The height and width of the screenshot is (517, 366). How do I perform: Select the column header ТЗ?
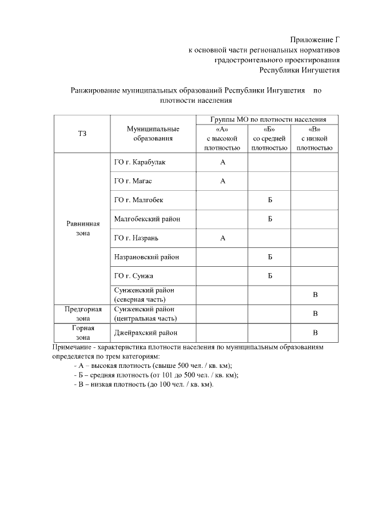(x=82, y=133)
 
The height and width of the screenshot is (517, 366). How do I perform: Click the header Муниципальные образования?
(x=153, y=133)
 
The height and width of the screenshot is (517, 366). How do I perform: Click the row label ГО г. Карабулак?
(x=140, y=162)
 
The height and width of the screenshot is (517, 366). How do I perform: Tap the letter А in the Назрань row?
(x=223, y=238)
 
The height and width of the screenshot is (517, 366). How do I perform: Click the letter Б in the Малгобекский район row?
(x=269, y=219)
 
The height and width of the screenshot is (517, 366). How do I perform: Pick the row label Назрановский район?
(x=146, y=257)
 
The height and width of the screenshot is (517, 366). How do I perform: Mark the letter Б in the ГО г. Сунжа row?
(x=269, y=276)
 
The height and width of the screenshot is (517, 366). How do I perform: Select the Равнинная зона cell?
(x=82, y=229)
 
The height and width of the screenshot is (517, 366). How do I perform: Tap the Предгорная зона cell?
(x=82, y=314)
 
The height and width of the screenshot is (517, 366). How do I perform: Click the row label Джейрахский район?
(x=145, y=332)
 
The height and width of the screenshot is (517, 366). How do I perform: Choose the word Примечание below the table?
(x=72, y=347)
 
